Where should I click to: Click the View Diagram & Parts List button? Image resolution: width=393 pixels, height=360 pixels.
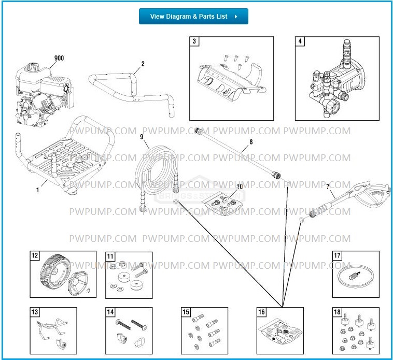pos(193,17)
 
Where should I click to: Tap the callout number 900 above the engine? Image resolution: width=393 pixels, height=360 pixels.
pos(59,58)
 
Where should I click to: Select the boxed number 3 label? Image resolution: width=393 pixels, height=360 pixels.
pos(194,41)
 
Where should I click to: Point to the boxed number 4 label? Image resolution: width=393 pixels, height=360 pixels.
pos(300,41)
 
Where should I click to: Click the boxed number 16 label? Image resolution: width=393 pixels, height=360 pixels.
pos(262,312)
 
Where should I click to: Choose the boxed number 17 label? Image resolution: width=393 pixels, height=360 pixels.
pos(337,256)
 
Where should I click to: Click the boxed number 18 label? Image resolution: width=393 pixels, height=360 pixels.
pos(337,312)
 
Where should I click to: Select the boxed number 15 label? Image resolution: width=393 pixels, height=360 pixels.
pos(186,312)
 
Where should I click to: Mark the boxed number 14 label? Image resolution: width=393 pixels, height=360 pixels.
pos(110,312)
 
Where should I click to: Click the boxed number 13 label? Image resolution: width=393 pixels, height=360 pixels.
pos(35,312)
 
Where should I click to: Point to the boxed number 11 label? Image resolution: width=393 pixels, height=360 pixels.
pos(110,256)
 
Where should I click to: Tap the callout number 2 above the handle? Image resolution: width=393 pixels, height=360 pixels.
pos(143,64)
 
